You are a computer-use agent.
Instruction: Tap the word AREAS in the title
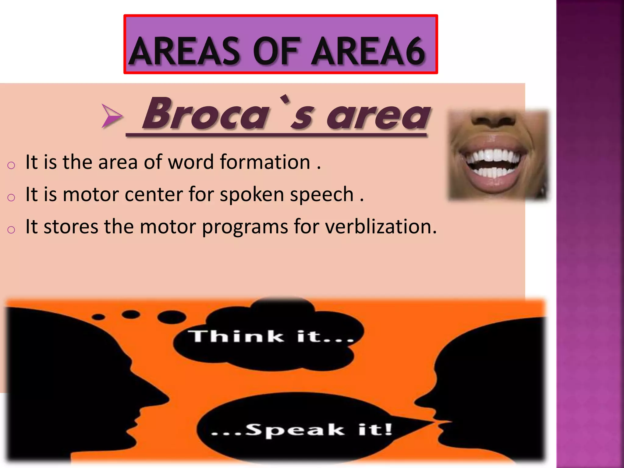coord(185,51)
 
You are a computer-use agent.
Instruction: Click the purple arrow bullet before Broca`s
coord(112,116)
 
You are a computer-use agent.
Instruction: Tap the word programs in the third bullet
coord(245,227)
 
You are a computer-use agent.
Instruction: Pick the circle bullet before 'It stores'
coord(11,229)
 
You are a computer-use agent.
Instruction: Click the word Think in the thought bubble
coord(236,336)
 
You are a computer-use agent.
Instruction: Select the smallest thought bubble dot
coord(98,317)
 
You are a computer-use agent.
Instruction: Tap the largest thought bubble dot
coord(172,317)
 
